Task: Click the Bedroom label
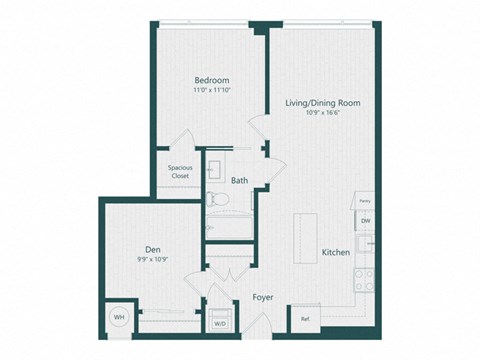[211, 80]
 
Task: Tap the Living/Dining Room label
[322, 103]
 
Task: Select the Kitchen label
[336, 253]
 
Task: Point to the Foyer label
[263, 297]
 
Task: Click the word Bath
[240, 181]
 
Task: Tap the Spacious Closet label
[180, 171]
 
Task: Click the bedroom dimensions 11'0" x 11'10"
[211, 92]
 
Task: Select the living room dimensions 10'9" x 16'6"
[322, 114]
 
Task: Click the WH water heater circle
[120, 316]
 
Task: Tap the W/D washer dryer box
[219, 323]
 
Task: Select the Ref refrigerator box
[304, 320]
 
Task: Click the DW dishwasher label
[366, 220]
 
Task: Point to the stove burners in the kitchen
[367, 277]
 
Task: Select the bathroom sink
[218, 165]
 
